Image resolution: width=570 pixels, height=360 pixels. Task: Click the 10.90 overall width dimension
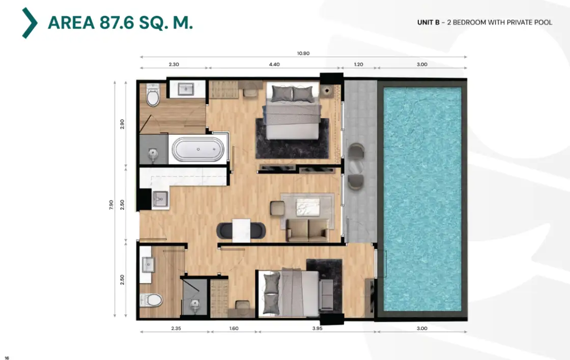pyautogui.click(x=303, y=53)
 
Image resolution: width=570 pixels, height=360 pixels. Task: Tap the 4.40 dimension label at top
pyautogui.click(x=274, y=64)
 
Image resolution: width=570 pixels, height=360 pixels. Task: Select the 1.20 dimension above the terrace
pyautogui.click(x=358, y=64)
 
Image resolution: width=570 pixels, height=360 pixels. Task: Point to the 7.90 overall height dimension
pyautogui.click(x=111, y=204)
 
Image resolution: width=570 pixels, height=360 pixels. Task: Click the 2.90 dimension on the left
pyautogui.click(x=122, y=124)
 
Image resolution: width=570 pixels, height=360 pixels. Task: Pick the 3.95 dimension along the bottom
pyautogui.click(x=318, y=328)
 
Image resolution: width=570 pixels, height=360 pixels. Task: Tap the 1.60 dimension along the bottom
pyautogui.click(x=234, y=328)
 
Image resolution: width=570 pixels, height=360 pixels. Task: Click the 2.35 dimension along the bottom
pyautogui.click(x=176, y=328)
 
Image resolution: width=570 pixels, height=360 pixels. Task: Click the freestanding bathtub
pyautogui.click(x=198, y=149)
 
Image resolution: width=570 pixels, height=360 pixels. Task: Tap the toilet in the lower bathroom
pyautogui.click(x=151, y=300)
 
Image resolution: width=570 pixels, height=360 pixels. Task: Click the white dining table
pyautogui.click(x=241, y=230)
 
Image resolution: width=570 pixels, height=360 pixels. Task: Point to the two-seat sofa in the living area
pyautogui.click(x=307, y=230)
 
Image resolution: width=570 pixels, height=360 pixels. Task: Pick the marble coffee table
pyautogui.click(x=308, y=207)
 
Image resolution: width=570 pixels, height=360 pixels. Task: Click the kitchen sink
pyautogui.click(x=160, y=199)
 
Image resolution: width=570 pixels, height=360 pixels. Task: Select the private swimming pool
pyautogui.click(x=422, y=199)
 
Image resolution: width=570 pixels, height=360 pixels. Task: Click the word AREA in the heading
pyautogui.click(x=71, y=22)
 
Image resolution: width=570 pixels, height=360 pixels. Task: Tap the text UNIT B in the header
pyautogui.click(x=428, y=22)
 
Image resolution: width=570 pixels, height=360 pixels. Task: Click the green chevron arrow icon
pyautogui.click(x=30, y=23)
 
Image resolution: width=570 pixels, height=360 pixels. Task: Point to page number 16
pyautogui.click(x=7, y=358)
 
